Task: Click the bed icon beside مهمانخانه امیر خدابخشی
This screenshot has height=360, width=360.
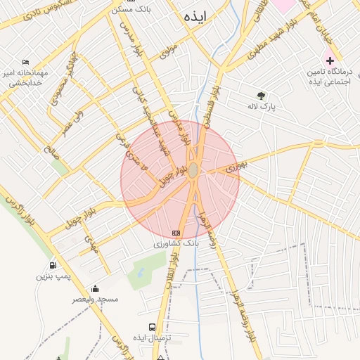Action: [x=27, y=62]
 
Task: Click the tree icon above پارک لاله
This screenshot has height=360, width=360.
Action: [x=262, y=96]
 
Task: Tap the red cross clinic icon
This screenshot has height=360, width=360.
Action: [x=328, y=60]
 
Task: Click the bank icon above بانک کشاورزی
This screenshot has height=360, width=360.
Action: [x=176, y=233]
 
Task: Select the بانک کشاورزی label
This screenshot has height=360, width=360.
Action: [x=178, y=243]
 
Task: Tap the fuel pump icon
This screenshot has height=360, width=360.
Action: [x=53, y=266]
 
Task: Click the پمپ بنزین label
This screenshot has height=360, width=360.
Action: [x=54, y=276]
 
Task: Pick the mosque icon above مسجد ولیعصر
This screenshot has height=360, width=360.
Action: [x=96, y=288]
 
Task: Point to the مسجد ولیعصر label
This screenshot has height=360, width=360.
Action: [x=96, y=299]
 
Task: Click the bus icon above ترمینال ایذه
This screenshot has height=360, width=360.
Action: [x=152, y=327]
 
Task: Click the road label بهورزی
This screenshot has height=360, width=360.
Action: [x=238, y=167]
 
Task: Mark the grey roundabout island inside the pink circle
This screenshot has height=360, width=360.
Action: [x=193, y=170]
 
